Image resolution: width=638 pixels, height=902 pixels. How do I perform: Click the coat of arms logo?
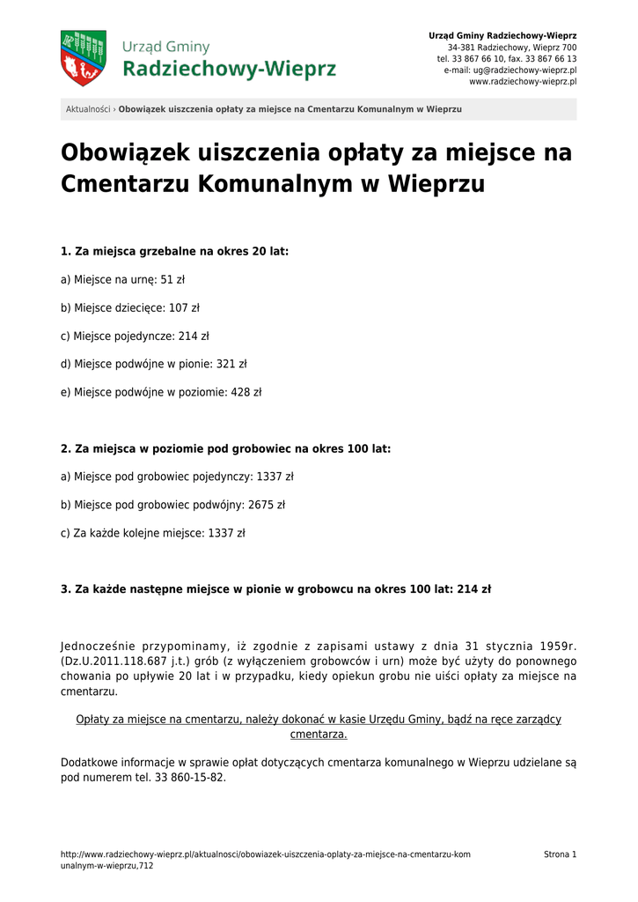pyautogui.click(x=83, y=58)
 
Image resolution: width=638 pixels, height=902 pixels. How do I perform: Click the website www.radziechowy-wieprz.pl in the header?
pyautogui.click(x=523, y=81)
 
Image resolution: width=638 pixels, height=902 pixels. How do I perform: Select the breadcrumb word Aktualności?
pyautogui.click(x=88, y=109)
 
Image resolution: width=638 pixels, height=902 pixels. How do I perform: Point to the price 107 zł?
pyautogui.click(x=184, y=308)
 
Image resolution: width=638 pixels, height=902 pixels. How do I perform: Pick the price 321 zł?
pyautogui.click(x=231, y=364)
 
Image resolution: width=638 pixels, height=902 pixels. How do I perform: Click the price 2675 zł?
pyautogui.click(x=268, y=505)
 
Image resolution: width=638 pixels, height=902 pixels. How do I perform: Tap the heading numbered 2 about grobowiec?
pyautogui.click(x=225, y=448)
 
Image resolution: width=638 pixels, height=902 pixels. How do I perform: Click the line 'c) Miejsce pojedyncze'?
pyautogui.click(x=135, y=336)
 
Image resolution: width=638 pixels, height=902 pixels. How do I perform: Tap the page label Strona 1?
pyautogui.click(x=560, y=854)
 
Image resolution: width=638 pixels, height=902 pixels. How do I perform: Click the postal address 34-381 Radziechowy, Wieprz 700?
pyautogui.click(x=512, y=47)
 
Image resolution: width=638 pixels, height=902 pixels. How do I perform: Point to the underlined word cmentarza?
pyautogui.click(x=319, y=734)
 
